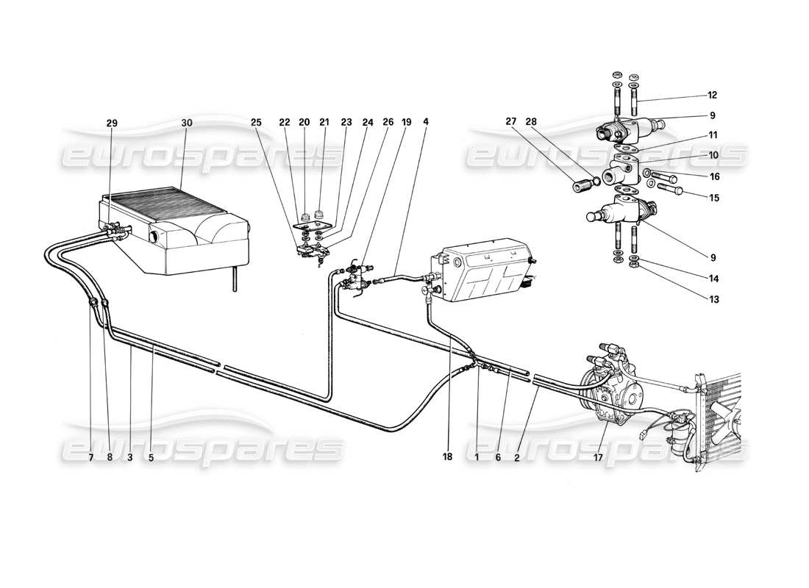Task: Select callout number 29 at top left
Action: [x=112, y=123]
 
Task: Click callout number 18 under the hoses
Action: [x=447, y=456]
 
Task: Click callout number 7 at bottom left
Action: [x=90, y=456]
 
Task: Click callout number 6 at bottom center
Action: [x=498, y=456]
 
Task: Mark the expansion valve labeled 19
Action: [x=358, y=280]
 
